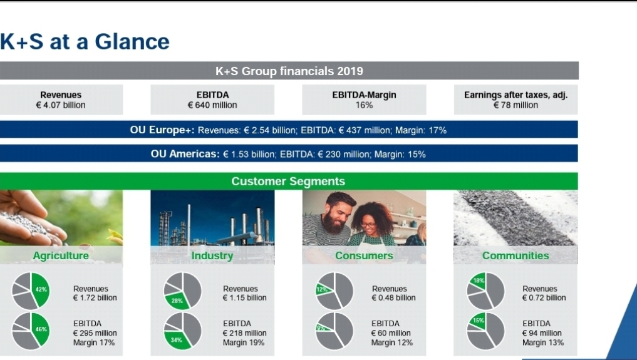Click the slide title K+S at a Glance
tap(85, 41)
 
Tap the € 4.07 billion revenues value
tap(61, 105)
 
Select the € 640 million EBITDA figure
tap(212, 105)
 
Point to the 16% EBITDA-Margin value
tap(364, 105)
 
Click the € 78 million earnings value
tap(516, 105)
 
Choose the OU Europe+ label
tap(162, 130)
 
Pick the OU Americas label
tap(185, 154)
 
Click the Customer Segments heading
tap(288, 181)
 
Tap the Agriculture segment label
tap(61, 255)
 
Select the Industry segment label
tap(212, 255)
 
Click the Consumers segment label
tap(364, 255)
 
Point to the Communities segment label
tap(515, 255)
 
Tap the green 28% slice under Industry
tap(177, 301)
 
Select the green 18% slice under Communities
tap(479, 280)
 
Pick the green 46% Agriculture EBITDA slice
tap(41, 329)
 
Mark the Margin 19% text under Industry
tap(244, 342)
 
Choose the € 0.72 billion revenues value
tap(544, 297)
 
